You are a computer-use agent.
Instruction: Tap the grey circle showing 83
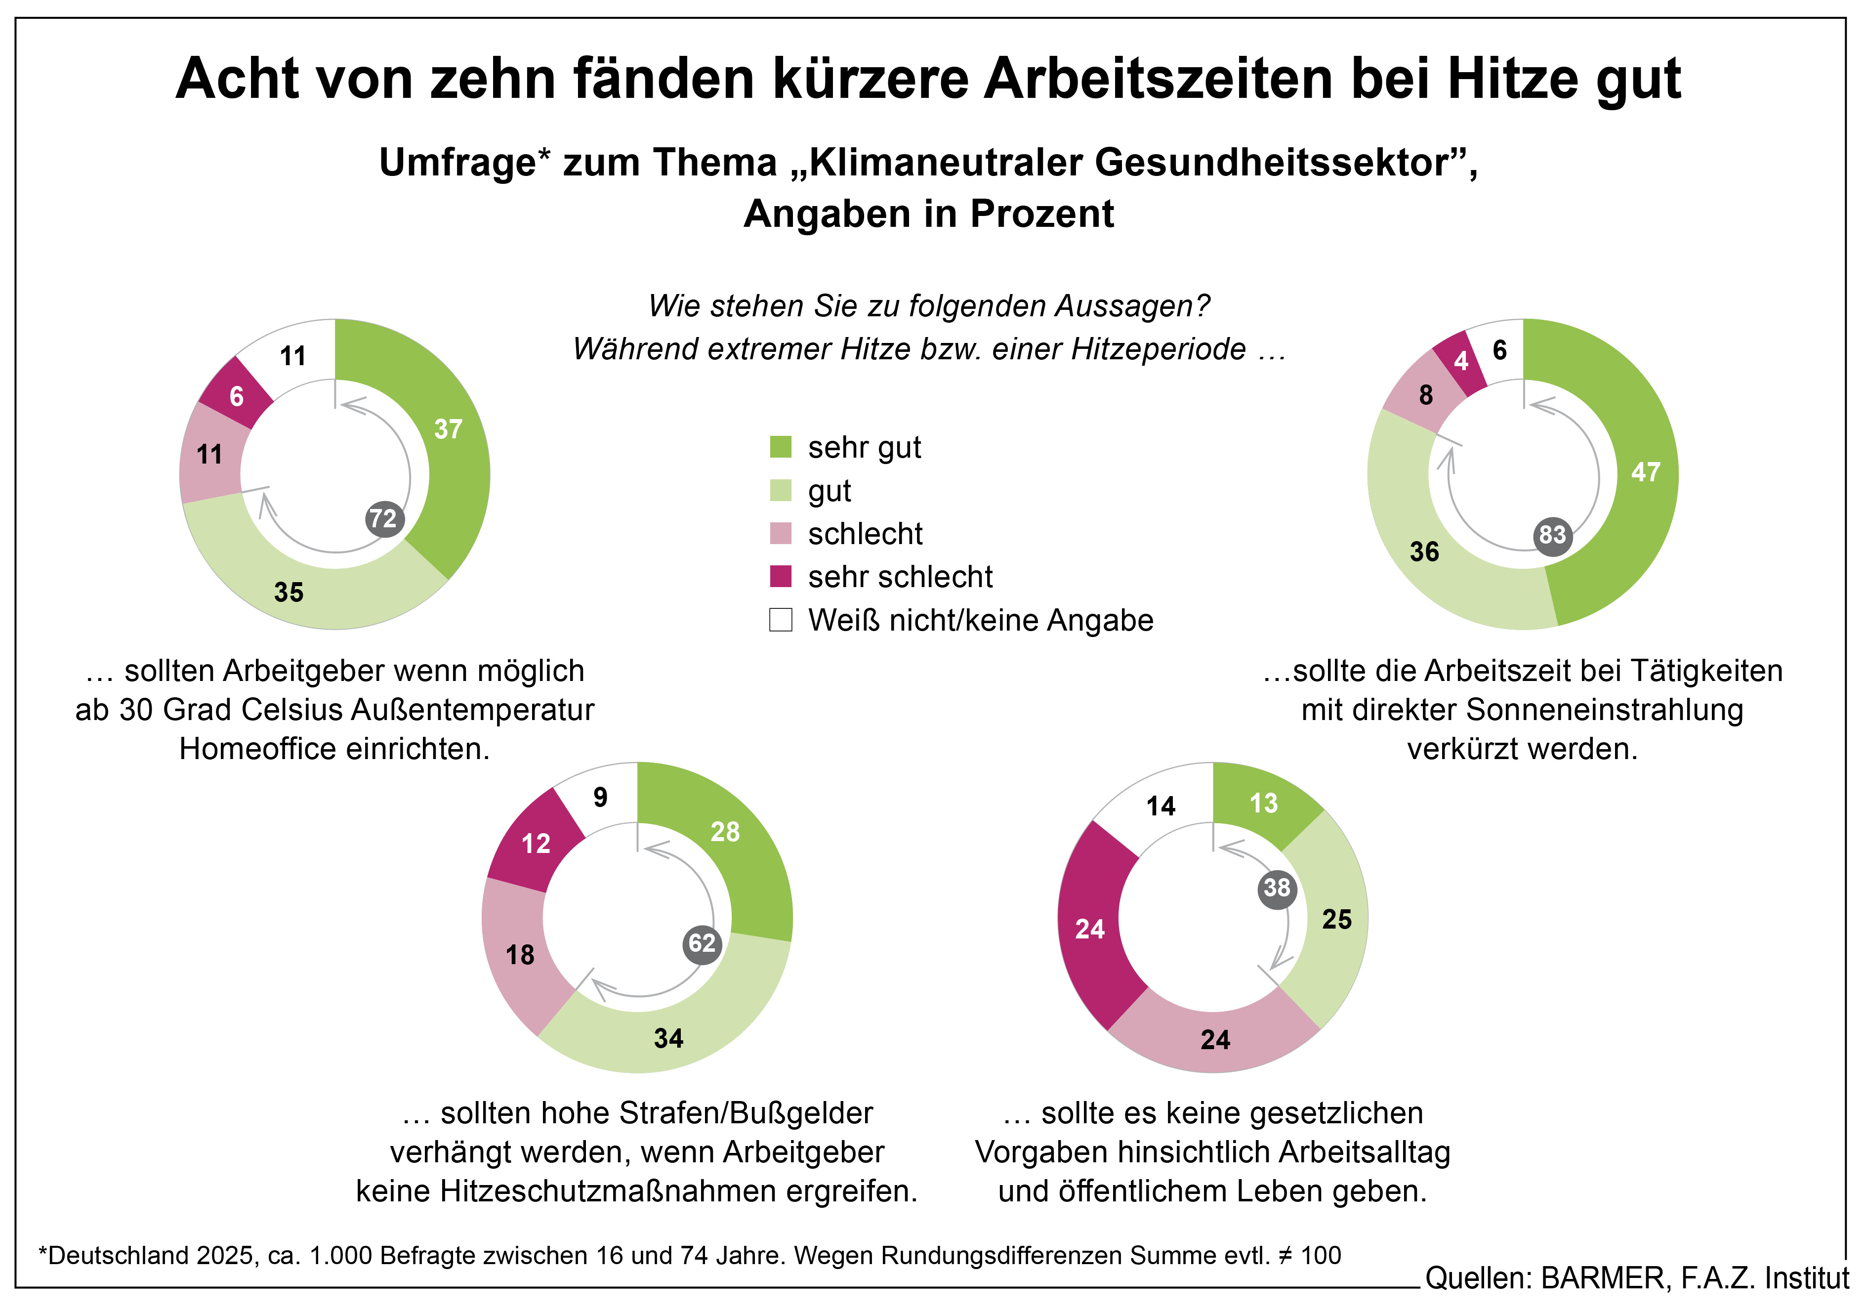click(1552, 536)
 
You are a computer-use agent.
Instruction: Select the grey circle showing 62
click(702, 944)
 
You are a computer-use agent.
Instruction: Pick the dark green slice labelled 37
click(443, 455)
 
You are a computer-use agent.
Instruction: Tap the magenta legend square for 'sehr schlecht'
click(780, 576)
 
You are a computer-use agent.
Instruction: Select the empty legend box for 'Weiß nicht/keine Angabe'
click(780, 620)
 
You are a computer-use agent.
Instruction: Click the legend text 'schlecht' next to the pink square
click(865, 534)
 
